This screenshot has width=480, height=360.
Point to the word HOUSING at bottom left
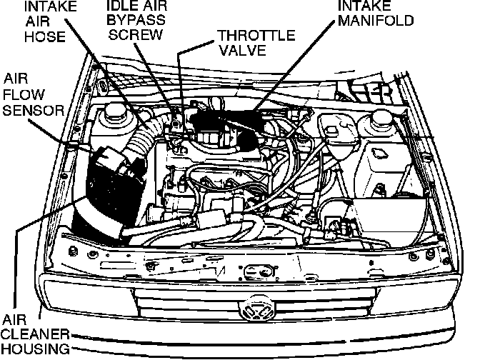pos(35,349)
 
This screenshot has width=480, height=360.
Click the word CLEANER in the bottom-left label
pos(35,334)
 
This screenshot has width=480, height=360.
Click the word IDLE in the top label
pos(119,6)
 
